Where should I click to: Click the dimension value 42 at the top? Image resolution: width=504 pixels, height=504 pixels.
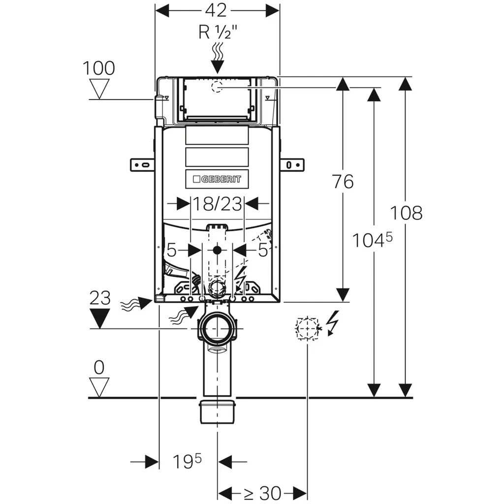(217, 10)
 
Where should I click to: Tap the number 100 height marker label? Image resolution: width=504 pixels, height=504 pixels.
(98, 68)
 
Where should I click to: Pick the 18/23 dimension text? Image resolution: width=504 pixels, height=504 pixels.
(217, 204)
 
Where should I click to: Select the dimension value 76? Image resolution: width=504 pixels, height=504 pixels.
(343, 182)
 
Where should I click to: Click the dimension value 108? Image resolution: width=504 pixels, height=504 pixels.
(406, 213)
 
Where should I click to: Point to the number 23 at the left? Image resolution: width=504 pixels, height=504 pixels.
(100, 298)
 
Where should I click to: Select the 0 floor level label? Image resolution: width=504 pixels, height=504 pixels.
(99, 367)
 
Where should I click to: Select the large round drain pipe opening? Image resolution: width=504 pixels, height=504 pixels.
(217, 329)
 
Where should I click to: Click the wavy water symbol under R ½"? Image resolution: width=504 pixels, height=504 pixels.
(217, 51)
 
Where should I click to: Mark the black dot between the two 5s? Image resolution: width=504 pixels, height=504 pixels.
(217, 250)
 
